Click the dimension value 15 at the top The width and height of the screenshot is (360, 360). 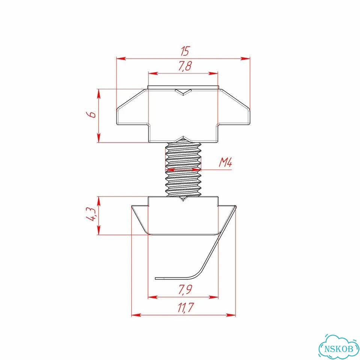coord(184,51)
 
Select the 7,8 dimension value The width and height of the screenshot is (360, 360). coord(185,66)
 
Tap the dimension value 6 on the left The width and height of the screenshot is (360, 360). coord(93,114)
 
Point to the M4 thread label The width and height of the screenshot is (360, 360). coord(225,162)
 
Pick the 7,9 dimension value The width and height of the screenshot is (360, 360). coord(185,289)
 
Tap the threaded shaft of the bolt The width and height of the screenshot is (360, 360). coord(183,169)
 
